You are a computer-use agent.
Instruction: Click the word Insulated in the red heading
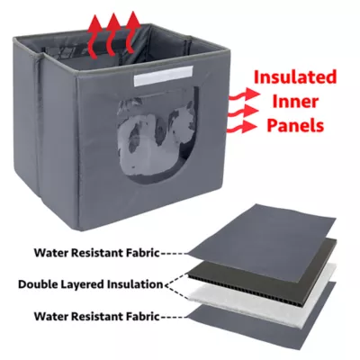click(x=295, y=77)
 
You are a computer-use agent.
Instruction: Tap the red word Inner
click(x=295, y=102)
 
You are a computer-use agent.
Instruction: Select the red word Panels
click(x=295, y=125)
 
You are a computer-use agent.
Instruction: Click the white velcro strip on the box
click(x=164, y=78)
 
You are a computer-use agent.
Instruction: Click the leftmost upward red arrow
click(x=95, y=36)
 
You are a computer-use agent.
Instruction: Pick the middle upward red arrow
click(x=113, y=35)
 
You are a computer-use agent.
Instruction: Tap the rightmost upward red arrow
click(x=132, y=33)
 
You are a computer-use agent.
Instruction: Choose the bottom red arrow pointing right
click(x=243, y=126)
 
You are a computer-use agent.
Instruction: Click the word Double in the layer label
click(x=35, y=284)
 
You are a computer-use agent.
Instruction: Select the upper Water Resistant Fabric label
click(x=96, y=253)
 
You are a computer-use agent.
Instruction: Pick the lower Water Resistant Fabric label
click(x=96, y=316)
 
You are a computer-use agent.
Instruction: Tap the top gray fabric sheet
click(x=261, y=232)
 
